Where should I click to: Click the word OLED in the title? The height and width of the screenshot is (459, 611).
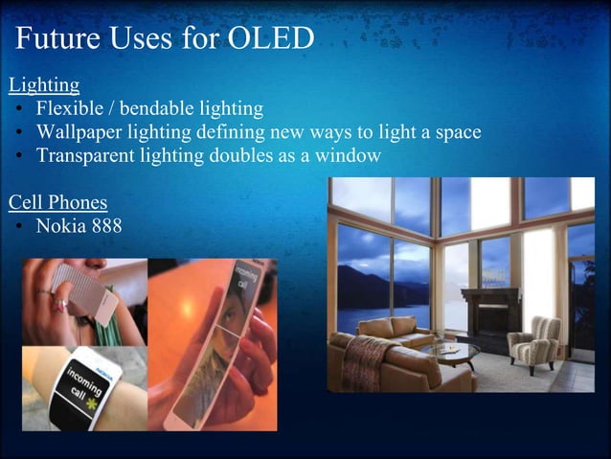(271, 39)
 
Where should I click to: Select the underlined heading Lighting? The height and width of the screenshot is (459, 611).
(44, 84)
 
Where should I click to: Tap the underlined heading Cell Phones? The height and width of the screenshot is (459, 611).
(57, 203)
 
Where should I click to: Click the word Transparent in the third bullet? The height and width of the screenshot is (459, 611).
(87, 155)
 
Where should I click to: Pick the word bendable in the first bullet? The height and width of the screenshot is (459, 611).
(166, 108)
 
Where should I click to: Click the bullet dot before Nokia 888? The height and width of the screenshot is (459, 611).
(19, 227)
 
